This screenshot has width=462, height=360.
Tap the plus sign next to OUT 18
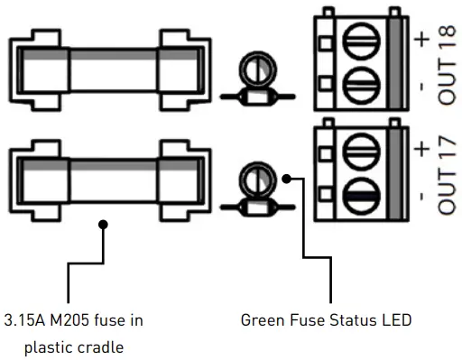[420, 38]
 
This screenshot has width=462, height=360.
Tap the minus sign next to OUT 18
[420, 88]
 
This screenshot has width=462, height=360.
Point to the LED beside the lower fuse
[254, 179]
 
